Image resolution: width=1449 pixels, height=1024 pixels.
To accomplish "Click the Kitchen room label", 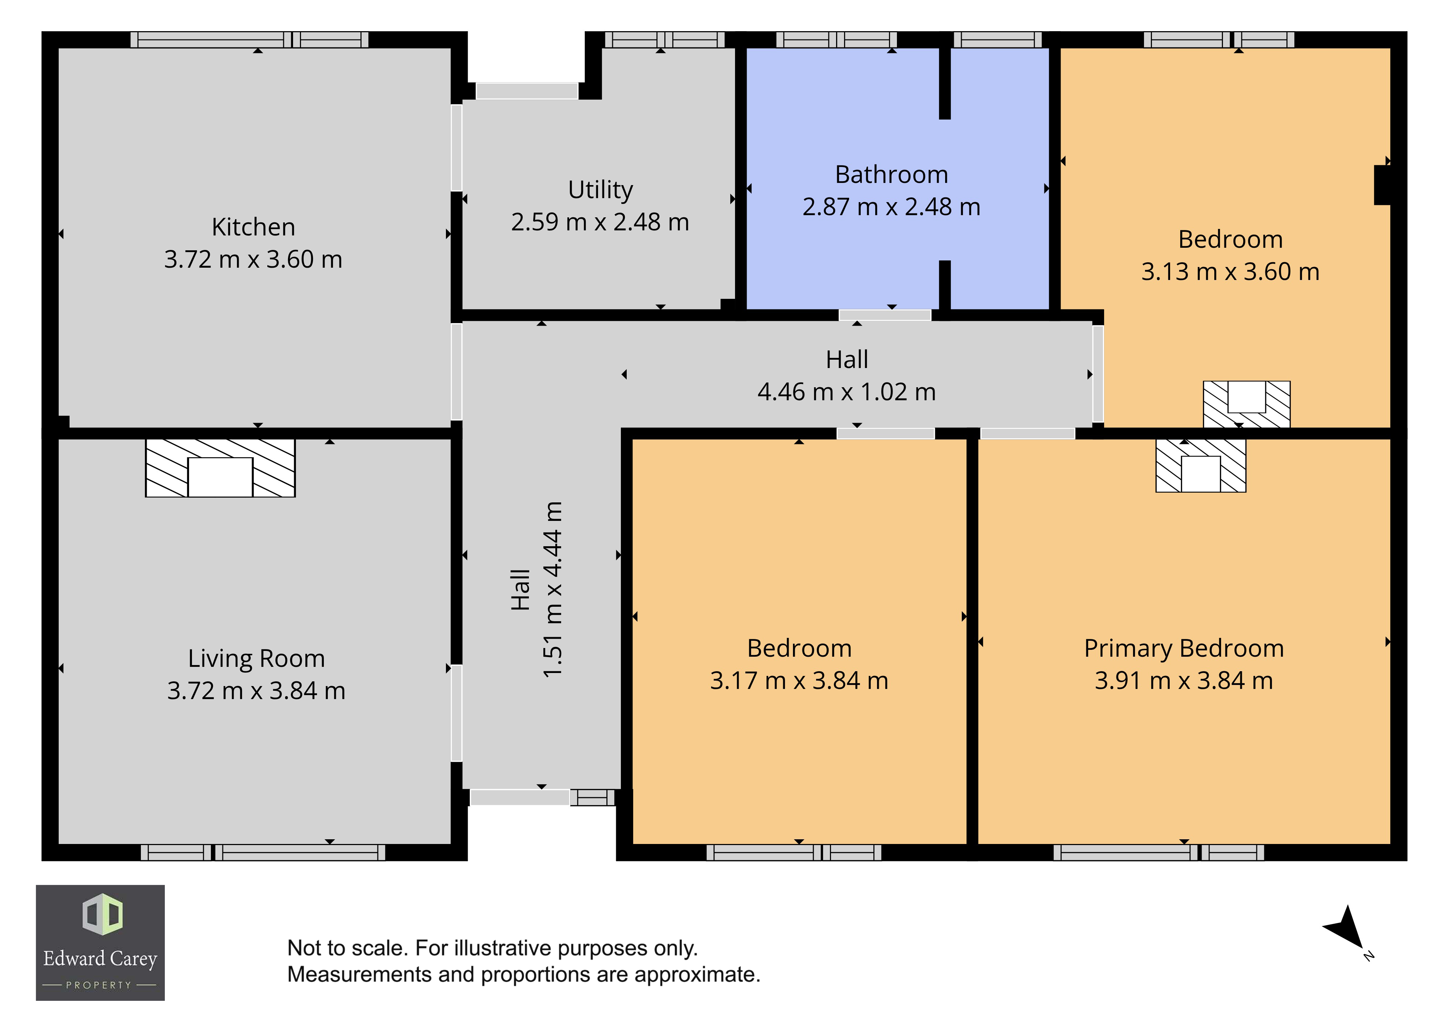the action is (253, 227).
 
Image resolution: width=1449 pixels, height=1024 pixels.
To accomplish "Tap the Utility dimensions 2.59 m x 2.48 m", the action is (600, 222).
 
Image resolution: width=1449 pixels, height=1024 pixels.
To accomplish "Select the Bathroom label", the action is (891, 175).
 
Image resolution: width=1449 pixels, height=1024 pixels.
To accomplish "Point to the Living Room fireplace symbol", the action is (220, 468).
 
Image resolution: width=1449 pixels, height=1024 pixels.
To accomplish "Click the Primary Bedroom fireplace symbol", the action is (1200, 465).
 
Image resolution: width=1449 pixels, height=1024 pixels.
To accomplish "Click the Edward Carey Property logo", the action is (100, 943).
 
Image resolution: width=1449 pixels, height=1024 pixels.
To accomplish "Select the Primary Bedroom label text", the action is (1184, 649).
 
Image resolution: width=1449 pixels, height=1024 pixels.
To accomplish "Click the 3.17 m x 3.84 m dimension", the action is (799, 681).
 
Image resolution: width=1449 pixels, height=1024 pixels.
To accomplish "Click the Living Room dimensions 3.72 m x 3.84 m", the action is (256, 691).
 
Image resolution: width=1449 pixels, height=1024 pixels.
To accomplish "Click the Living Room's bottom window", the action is (263, 852).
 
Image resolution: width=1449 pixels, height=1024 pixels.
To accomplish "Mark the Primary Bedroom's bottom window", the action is (1159, 852).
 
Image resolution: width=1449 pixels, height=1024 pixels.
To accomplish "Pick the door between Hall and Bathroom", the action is (885, 315).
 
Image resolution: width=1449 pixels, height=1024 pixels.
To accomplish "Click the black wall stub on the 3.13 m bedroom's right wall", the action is (1382, 185).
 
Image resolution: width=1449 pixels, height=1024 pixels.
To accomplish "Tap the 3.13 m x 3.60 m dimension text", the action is (1230, 272).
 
